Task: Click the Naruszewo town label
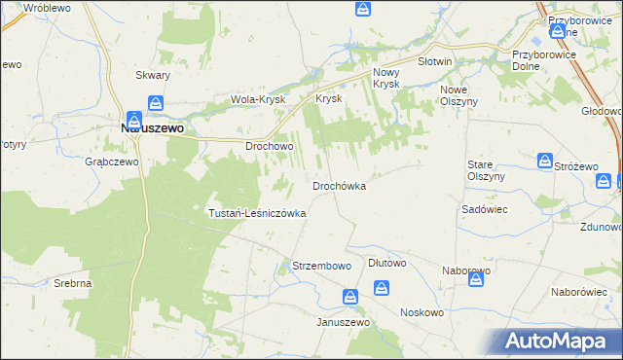click(x=153, y=126)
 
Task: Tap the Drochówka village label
click(x=339, y=185)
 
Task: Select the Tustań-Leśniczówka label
click(x=258, y=212)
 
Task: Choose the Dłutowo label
click(x=387, y=263)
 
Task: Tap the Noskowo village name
click(x=421, y=312)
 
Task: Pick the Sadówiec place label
click(x=480, y=209)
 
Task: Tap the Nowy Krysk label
click(x=387, y=79)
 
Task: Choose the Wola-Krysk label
click(x=256, y=99)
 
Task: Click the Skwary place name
click(x=154, y=75)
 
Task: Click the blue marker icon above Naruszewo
click(x=156, y=103)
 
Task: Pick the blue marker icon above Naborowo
click(x=476, y=280)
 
